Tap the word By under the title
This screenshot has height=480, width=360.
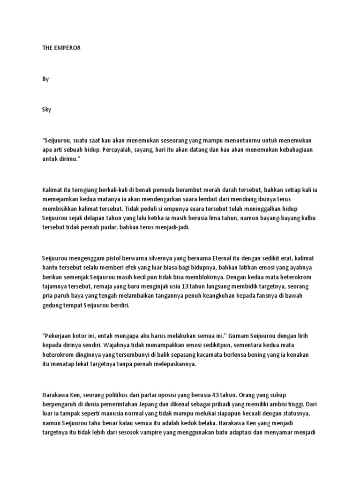[45, 79]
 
